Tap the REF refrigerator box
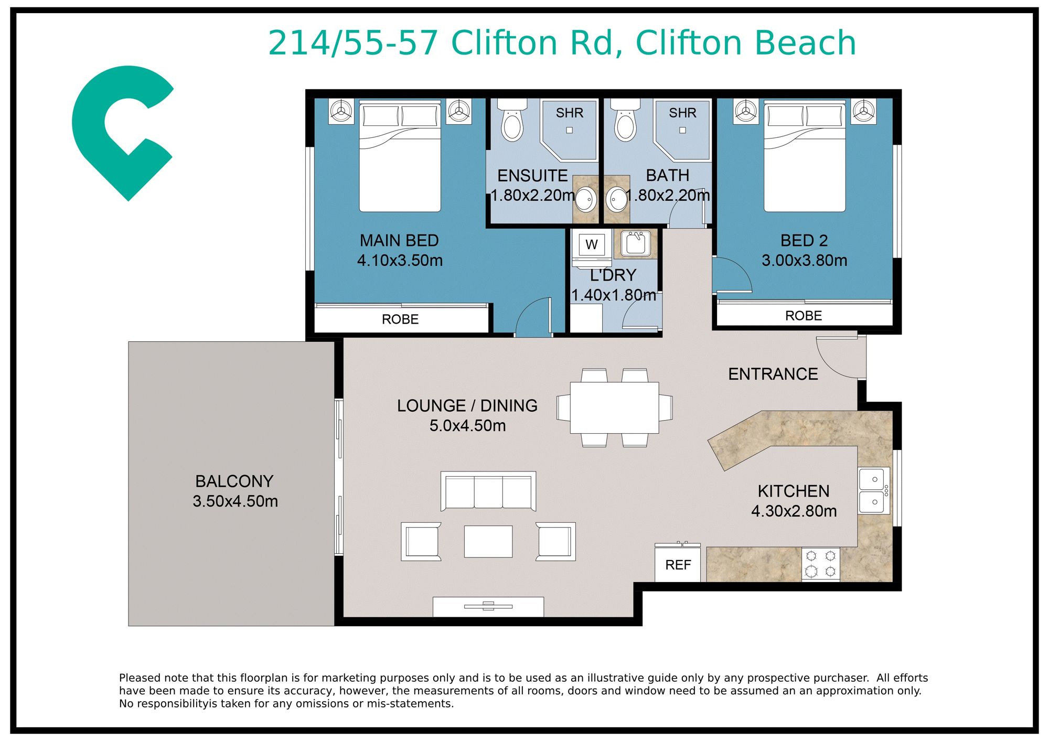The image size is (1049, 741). point(678,564)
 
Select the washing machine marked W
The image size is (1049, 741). point(592,244)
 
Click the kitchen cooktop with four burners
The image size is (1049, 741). point(821,564)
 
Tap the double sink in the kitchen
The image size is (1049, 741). point(874,491)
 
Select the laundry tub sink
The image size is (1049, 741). point(636,244)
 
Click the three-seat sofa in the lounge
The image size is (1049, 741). point(488,491)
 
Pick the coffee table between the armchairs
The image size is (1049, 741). point(488,541)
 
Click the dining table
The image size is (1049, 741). point(614,407)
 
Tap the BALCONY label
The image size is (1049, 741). point(234,481)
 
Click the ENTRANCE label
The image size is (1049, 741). point(773,374)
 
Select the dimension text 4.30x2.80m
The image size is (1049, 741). point(794,511)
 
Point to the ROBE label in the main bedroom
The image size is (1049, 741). point(400,319)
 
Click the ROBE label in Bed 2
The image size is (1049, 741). point(804,316)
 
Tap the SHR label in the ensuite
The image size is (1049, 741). point(570,113)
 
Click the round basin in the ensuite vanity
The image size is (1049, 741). point(586,200)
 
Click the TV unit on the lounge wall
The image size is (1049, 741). point(488,607)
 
